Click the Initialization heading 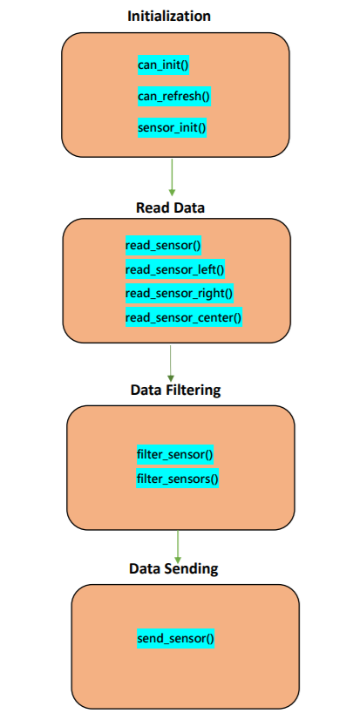(169, 16)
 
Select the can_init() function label (163, 65)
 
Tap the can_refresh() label (174, 97)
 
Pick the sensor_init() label (172, 127)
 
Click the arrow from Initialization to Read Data (172, 178)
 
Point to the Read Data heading (170, 207)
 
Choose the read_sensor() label (164, 245)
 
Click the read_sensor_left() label (175, 269)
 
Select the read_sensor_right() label (179, 293)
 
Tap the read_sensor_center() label (184, 317)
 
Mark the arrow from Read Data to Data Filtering (170, 363)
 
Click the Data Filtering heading (175, 391)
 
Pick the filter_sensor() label (175, 455)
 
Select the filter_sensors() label (177, 479)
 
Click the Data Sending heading (173, 569)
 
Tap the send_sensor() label (175, 638)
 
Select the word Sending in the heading (190, 569)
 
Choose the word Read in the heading (151, 207)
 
